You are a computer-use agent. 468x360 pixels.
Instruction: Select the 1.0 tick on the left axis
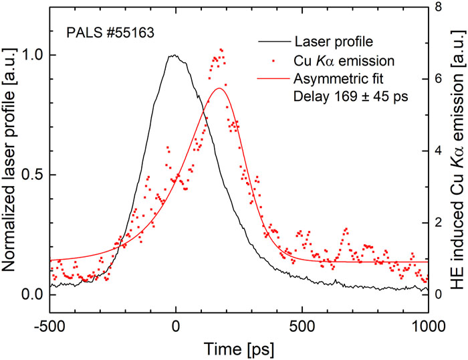pos(31,56)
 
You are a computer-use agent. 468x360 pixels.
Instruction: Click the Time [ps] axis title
pos(239,347)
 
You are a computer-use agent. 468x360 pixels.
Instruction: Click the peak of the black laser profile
pos(174,56)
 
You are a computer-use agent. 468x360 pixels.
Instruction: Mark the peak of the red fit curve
pos(219,88)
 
